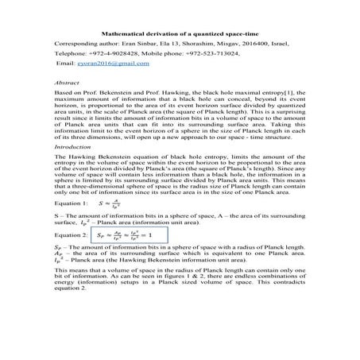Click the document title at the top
180,33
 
